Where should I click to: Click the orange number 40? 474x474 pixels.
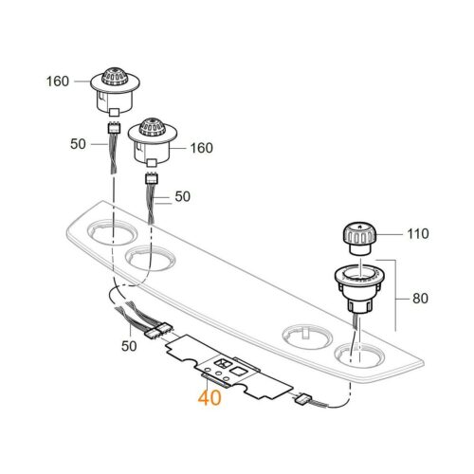[210, 398]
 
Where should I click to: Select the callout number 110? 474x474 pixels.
[417, 232]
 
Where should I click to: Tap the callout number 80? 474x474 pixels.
[418, 300]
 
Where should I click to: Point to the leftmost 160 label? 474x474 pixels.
[58, 81]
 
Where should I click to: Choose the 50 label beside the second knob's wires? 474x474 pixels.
[181, 198]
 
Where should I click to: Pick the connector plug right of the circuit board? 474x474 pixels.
[304, 400]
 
